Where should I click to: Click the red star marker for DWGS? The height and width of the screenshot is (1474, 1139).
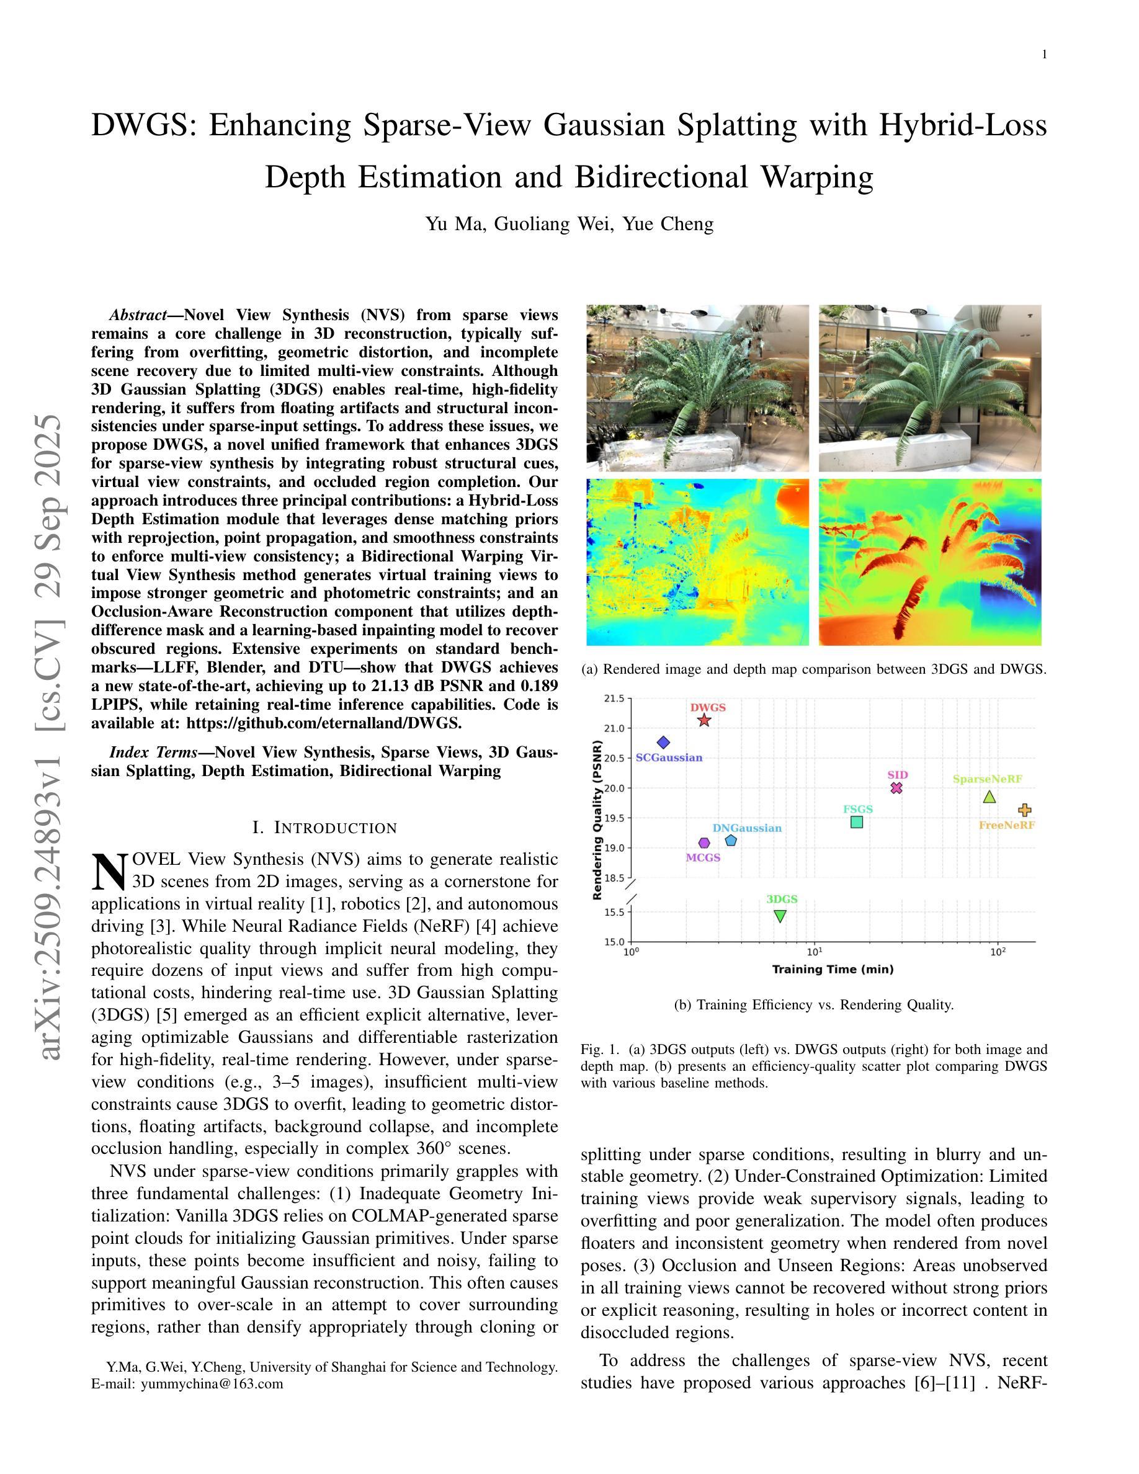point(705,720)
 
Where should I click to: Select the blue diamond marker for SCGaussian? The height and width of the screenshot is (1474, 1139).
point(663,743)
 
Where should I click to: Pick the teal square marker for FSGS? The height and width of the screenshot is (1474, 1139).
point(857,822)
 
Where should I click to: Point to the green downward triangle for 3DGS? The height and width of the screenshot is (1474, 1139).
point(780,916)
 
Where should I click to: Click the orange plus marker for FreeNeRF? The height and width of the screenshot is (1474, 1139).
point(1024,810)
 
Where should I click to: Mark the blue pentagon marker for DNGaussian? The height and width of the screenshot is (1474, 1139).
point(731,840)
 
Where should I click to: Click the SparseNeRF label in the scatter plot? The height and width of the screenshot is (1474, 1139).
point(987,779)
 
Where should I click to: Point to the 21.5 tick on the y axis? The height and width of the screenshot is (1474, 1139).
point(615,698)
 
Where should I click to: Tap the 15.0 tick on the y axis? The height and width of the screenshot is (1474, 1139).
point(615,942)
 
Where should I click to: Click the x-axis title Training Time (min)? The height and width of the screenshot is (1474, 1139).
point(833,969)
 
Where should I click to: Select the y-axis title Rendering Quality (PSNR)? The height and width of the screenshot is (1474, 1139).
point(597,820)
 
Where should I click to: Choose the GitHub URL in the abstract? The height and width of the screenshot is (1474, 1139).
point(324,723)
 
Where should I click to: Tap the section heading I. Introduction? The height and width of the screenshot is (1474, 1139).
point(324,828)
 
